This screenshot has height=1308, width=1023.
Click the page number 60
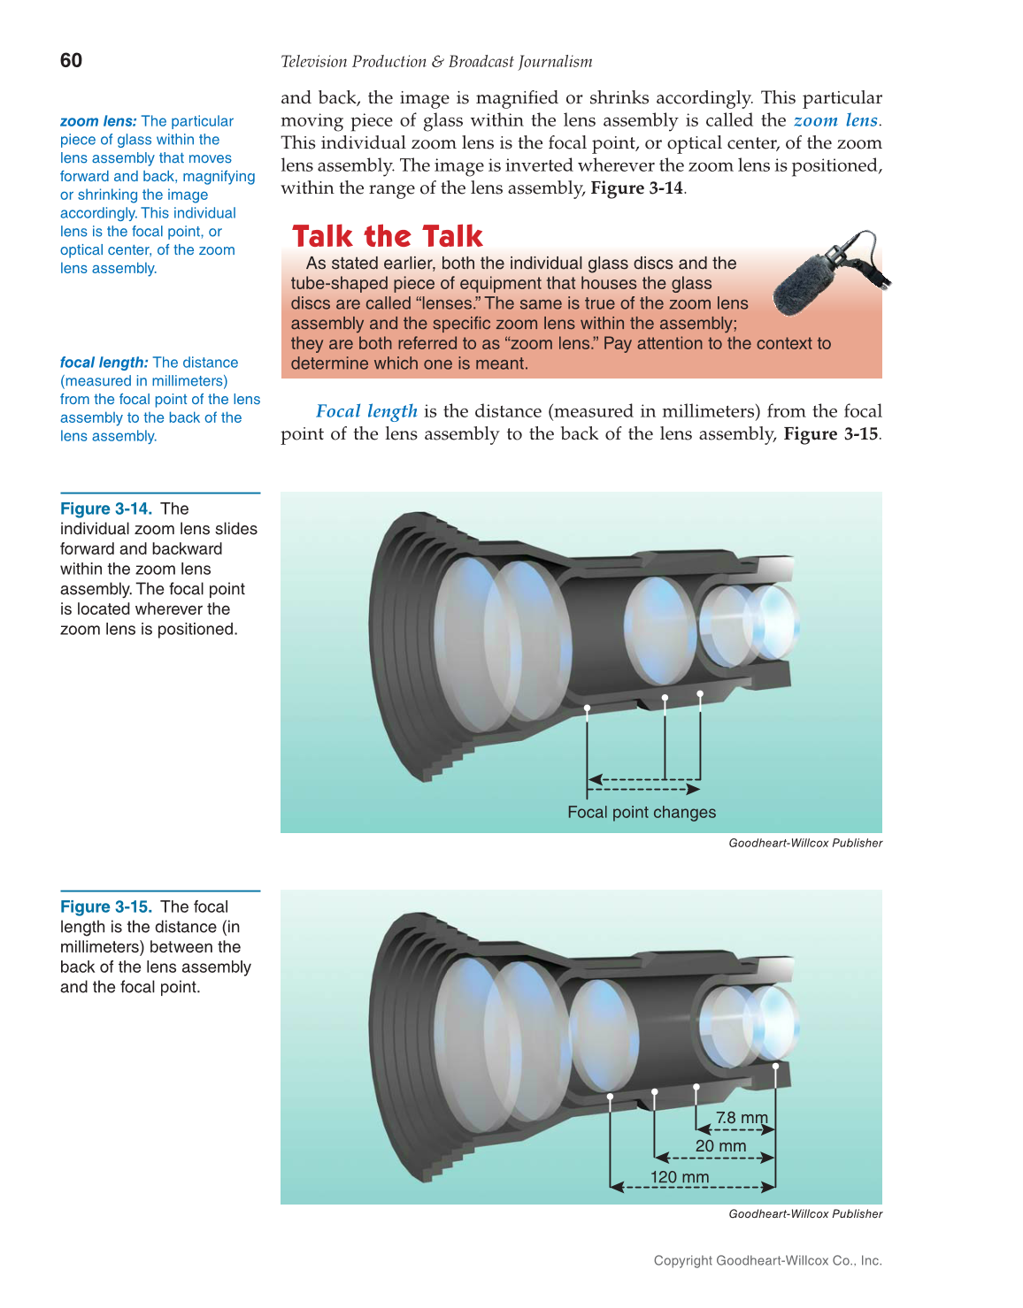[x=71, y=60]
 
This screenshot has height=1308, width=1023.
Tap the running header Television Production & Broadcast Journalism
[x=436, y=62]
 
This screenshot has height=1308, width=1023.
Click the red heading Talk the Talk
[x=388, y=236]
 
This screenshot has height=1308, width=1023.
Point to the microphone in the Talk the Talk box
[x=827, y=274]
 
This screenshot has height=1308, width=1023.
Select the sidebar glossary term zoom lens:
[x=98, y=121]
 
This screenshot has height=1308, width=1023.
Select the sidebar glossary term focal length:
[x=104, y=363]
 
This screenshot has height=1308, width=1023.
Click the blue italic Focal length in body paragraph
[x=366, y=411]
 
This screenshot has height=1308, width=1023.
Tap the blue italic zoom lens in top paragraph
[x=835, y=120]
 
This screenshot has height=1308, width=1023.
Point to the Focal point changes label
[x=642, y=812]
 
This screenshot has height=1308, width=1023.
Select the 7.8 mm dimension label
[x=742, y=1117]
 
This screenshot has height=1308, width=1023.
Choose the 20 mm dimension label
[x=720, y=1146]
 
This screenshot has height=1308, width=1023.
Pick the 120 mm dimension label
[x=680, y=1177]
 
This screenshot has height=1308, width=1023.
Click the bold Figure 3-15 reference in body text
[x=831, y=434]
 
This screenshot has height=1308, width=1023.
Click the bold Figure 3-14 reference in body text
[x=637, y=188]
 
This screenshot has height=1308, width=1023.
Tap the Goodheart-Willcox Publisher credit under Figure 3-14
[x=805, y=843]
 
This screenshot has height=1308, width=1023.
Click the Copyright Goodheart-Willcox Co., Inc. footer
[x=767, y=1260]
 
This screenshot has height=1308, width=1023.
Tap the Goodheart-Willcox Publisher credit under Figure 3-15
[x=805, y=1213]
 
